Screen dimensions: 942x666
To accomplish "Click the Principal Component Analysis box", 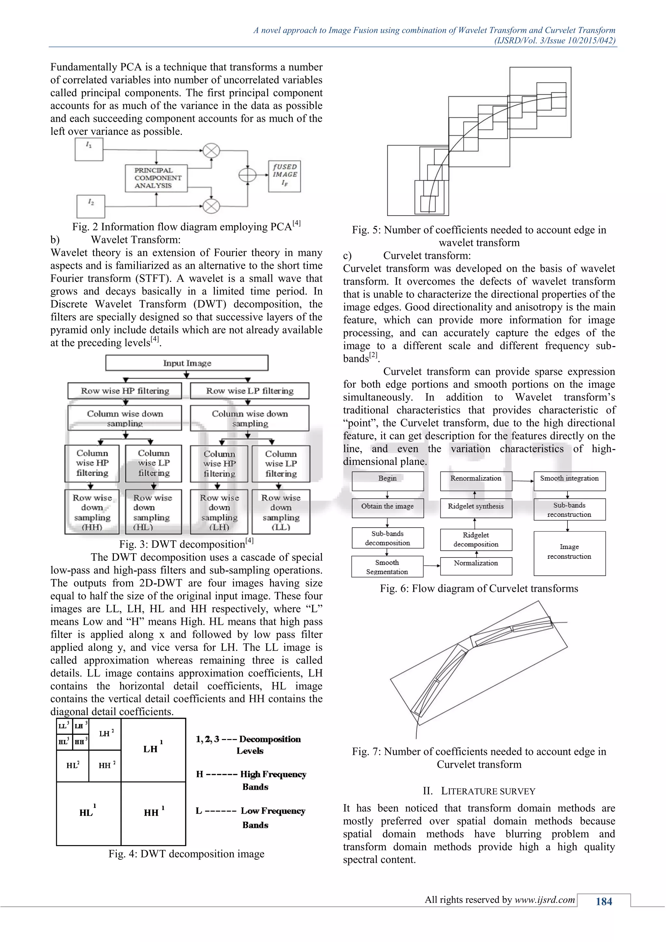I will coord(156,178).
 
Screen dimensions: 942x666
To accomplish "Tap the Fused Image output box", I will coord(285,176).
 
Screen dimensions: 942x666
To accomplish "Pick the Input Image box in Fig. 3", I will coord(187,363).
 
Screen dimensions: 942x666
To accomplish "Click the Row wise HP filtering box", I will coord(125,391).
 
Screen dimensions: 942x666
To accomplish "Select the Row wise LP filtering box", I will coord(249,391).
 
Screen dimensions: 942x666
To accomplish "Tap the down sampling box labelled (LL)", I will coord(281,512).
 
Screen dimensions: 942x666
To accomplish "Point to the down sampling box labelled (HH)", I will coord(92,512).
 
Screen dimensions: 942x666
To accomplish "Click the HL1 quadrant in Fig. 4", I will coord(88,813).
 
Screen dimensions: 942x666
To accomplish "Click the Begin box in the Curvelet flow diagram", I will coord(388,481).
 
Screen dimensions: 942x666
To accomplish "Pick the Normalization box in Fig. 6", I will coord(476,566).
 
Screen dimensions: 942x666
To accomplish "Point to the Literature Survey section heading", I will coord(479,791).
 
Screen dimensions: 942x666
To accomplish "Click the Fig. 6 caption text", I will coord(479,588).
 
